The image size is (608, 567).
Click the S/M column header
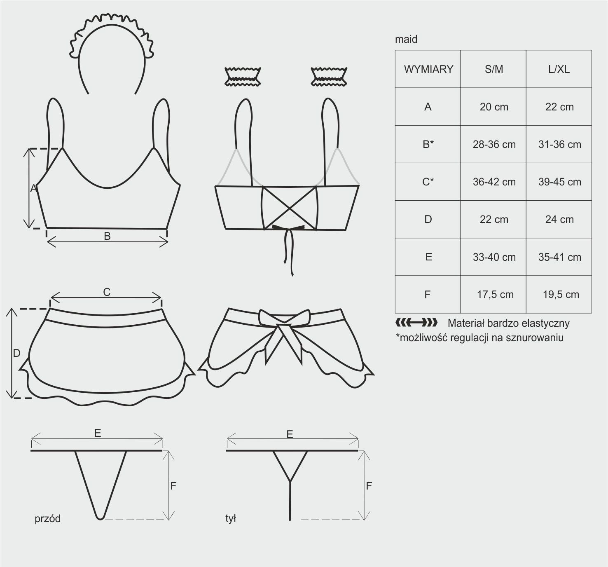(x=494, y=69)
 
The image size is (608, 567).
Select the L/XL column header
(x=559, y=69)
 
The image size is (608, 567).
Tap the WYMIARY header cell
(x=428, y=69)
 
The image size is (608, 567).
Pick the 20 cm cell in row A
(x=494, y=107)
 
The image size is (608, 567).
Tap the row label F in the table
(x=428, y=294)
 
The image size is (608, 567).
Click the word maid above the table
(x=406, y=39)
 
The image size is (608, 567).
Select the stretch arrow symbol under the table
(x=416, y=323)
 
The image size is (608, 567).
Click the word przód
(x=47, y=519)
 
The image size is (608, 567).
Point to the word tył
(x=230, y=518)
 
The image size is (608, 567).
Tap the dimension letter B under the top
(x=107, y=236)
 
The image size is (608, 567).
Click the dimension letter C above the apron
(x=107, y=292)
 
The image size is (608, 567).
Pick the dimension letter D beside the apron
(x=16, y=353)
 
